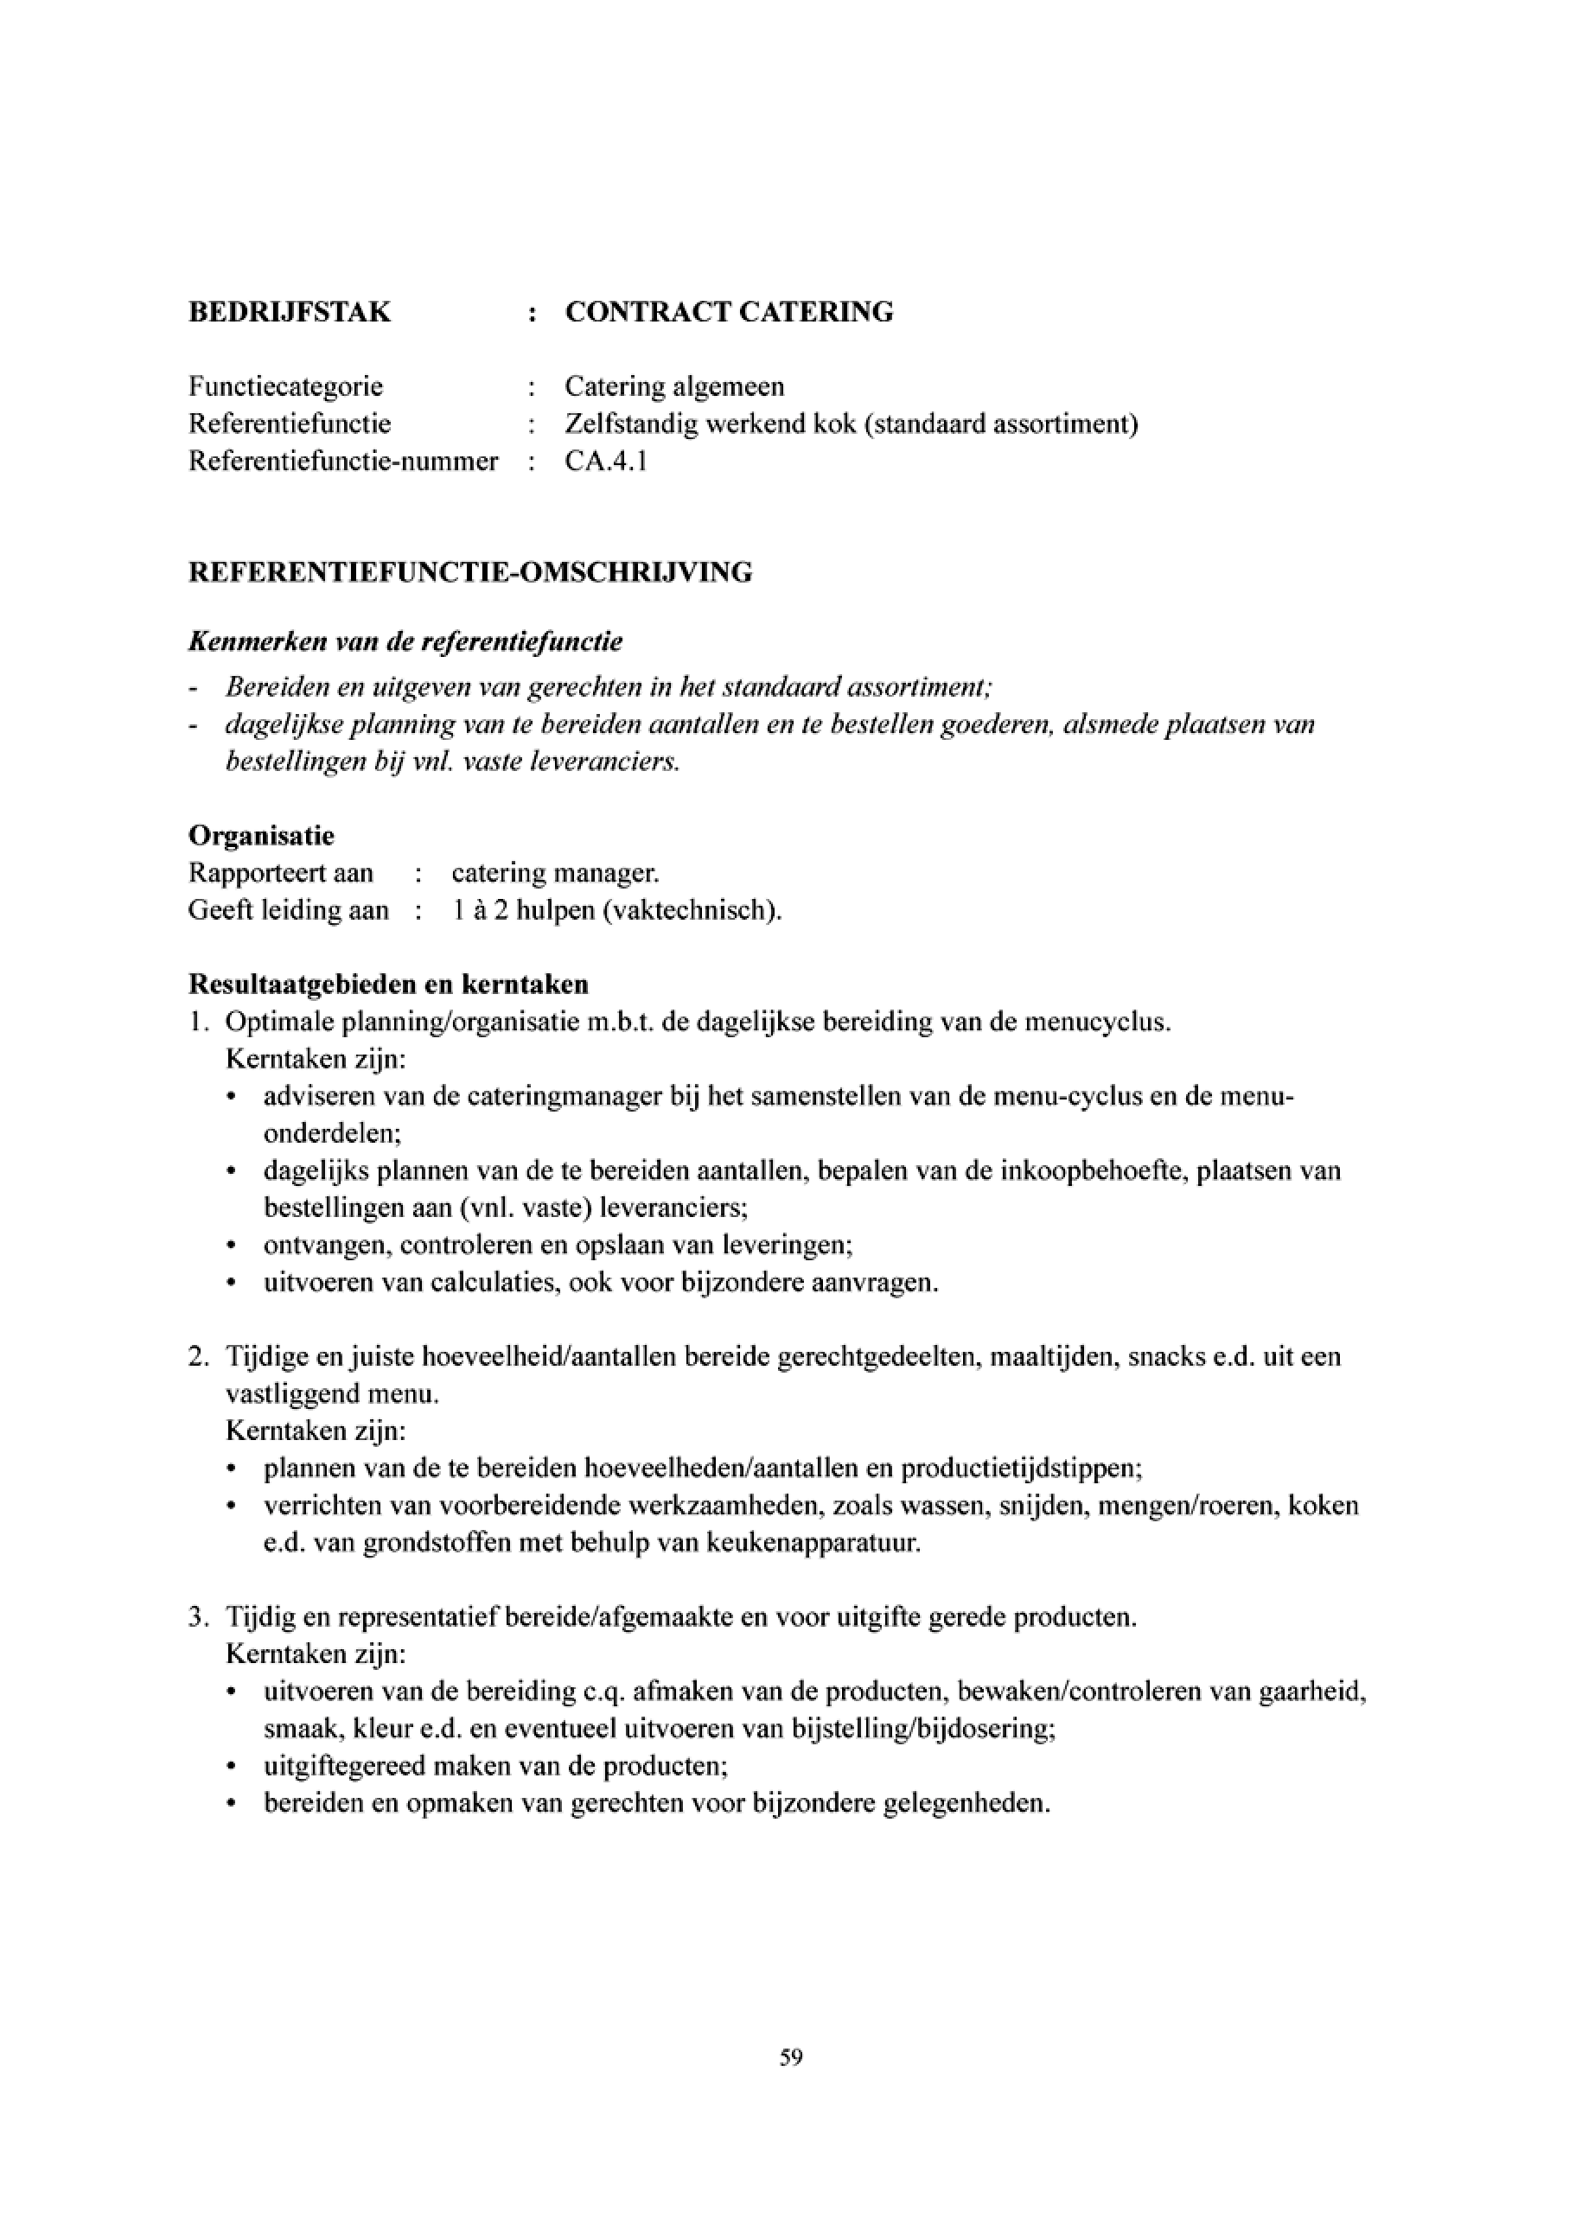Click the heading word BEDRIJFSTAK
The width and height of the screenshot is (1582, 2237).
point(290,312)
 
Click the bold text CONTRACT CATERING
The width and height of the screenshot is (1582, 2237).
point(729,312)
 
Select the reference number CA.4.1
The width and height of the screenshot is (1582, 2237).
point(606,461)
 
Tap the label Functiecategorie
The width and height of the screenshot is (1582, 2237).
point(285,386)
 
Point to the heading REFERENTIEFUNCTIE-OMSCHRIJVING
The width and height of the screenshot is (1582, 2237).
point(469,572)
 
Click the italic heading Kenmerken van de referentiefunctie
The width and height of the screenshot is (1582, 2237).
point(405,642)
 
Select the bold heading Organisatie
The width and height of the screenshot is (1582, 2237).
point(261,835)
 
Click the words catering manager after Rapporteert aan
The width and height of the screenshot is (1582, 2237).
point(555,873)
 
